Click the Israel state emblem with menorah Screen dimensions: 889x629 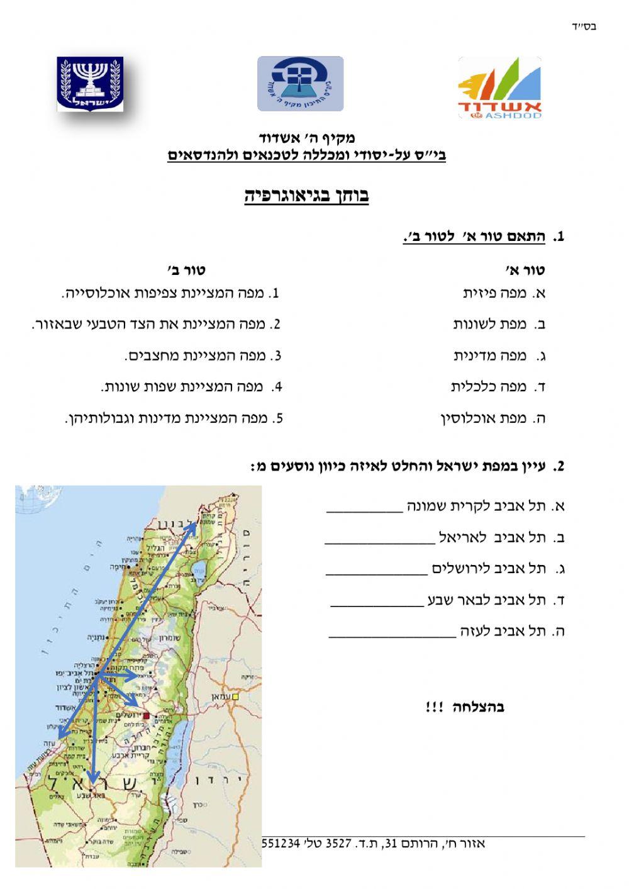pyautogui.click(x=90, y=84)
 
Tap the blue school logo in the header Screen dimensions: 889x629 pyautogui.click(x=300, y=84)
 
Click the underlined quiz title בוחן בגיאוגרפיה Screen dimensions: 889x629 pyautogui.click(x=306, y=196)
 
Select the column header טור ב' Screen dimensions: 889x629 pyautogui.click(x=187, y=271)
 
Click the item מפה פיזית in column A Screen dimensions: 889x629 pyautogui.click(x=504, y=293)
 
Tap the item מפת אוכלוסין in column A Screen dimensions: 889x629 pyautogui.click(x=493, y=418)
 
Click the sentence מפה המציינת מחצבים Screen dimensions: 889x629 pyautogui.click(x=203, y=356)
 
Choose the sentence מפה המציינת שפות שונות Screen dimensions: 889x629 pyautogui.click(x=191, y=387)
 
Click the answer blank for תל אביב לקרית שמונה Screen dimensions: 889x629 pyautogui.click(x=364, y=510)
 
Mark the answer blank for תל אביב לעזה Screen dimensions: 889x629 pyautogui.click(x=392, y=636)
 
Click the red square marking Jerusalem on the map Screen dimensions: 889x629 pyautogui.click(x=147, y=715)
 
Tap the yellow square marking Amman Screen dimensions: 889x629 pyautogui.click(x=235, y=698)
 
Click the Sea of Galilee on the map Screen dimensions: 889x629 pyautogui.click(x=200, y=573)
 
